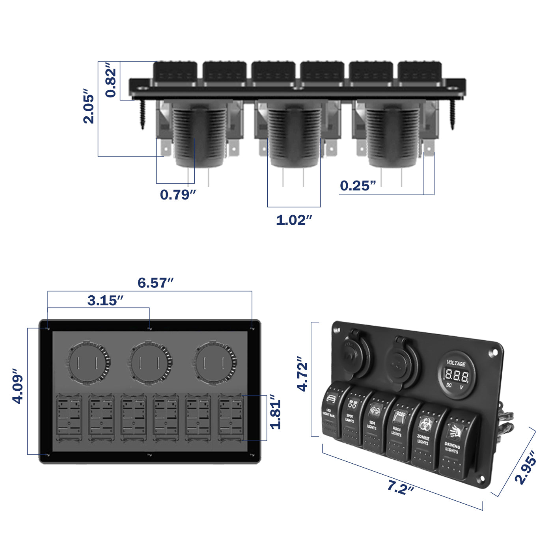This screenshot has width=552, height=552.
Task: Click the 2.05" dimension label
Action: tap(89, 109)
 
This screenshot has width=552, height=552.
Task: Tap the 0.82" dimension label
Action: tap(111, 82)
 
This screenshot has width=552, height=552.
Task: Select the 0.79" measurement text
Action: tap(178, 194)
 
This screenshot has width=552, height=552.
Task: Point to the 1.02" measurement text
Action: tap(294, 220)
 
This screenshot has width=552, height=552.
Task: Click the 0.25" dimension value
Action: tap(358, 186)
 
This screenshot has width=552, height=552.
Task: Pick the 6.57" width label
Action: tap(155, 283)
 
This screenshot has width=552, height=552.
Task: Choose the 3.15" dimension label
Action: tap(105, 300)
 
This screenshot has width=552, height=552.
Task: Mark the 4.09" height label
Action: tap(18, 386)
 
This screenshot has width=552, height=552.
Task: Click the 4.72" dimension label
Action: tap(302, 374)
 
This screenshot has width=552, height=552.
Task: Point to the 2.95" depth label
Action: tap(526, 467)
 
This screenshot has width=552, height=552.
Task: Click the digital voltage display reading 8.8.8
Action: tap(456, 375)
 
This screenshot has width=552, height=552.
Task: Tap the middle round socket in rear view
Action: tap(149, 362)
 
